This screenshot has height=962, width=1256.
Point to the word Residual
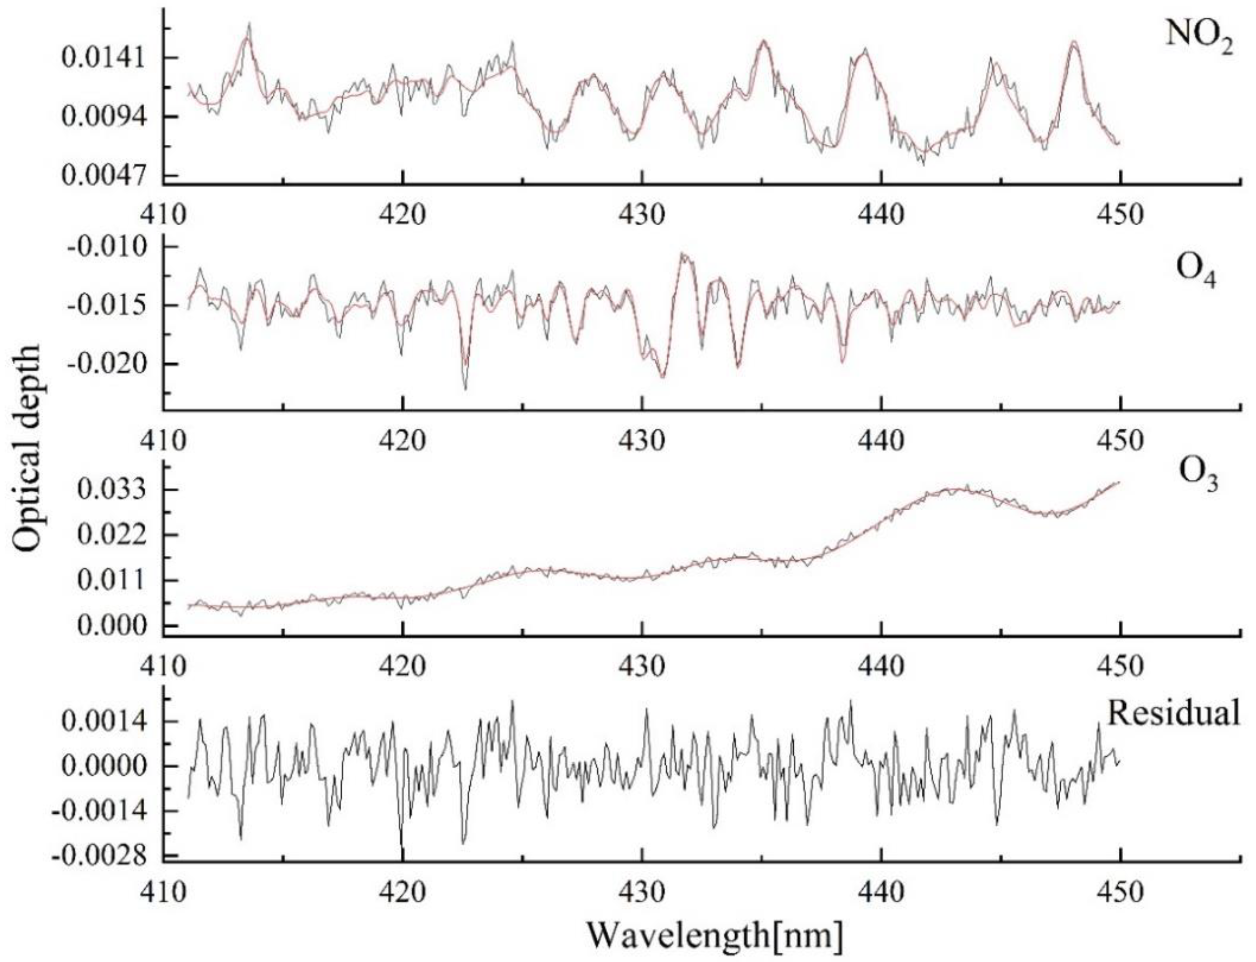coord(1173,713)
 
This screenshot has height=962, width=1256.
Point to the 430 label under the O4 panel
coord(642,440)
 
